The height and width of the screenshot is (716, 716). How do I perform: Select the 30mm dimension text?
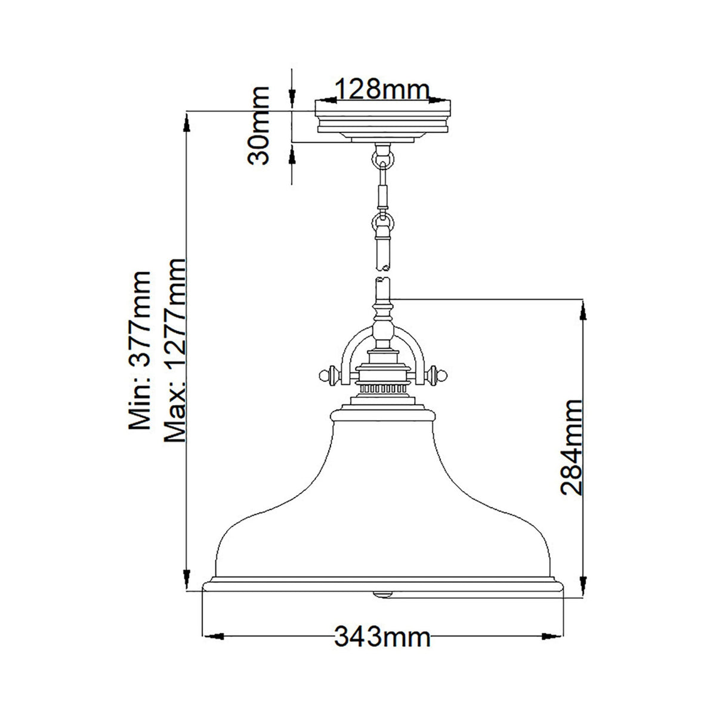click(x=259, y=125)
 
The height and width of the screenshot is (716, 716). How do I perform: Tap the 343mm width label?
click(x=382, y=637)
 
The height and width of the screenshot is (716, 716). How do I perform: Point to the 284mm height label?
click(x=571, y=447)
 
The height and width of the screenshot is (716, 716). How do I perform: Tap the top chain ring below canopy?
click(x=382, y=158)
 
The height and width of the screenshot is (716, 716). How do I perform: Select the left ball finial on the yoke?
click(x=325, y=375)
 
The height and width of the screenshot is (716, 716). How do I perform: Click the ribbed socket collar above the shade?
click(x=382, y=388)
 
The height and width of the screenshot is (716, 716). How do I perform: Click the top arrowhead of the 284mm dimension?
click(x=584, y=307)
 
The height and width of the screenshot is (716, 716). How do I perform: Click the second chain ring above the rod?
click(x=382, y=223)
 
